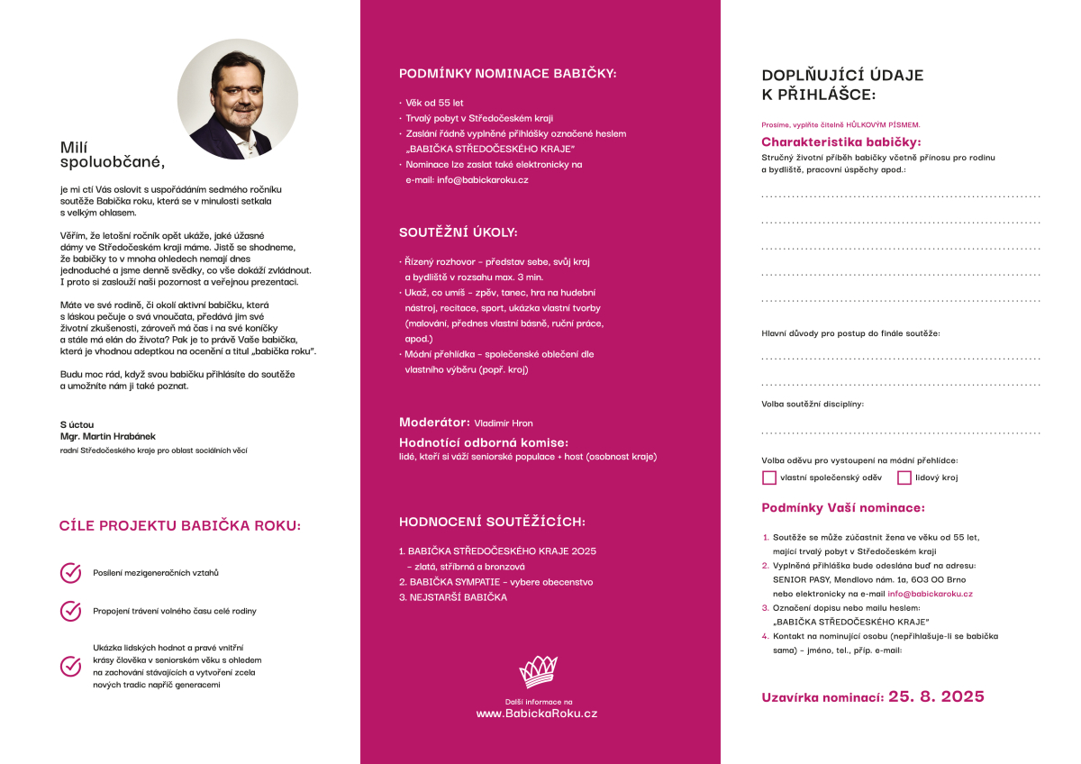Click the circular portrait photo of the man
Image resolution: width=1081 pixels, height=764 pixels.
click(x=237, y=99)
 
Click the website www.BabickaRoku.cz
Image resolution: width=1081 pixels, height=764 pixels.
click(x=537, y=714)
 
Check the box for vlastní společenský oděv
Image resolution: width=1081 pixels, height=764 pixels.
click(x=769, y=477)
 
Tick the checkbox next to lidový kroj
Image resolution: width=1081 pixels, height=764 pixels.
click(x=904, y=477)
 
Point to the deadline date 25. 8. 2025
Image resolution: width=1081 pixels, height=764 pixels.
click(x=936, y=696)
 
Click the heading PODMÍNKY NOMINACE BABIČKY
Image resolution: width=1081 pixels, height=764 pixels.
click(x=508, y=74)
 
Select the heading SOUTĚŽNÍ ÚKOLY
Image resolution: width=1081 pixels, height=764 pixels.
click(x=459, y=232)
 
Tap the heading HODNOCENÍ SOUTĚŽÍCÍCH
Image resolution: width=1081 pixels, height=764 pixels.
click(x=492, y=522)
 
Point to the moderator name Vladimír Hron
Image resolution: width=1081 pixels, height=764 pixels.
click(x=504, y=423)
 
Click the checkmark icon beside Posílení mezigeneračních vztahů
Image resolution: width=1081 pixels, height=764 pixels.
click(x=70, y=573)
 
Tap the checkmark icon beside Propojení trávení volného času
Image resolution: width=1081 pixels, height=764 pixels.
click(x=70, y=611)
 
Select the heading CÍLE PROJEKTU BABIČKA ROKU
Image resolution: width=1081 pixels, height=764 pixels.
click(x=180, y=526)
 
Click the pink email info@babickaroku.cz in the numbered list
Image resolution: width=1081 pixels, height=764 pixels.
click(x=930, y=594)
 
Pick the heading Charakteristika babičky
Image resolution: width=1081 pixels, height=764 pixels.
click(x=840, y=142)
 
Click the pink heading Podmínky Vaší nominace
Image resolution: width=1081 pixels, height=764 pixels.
click(x=842, y=508)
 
